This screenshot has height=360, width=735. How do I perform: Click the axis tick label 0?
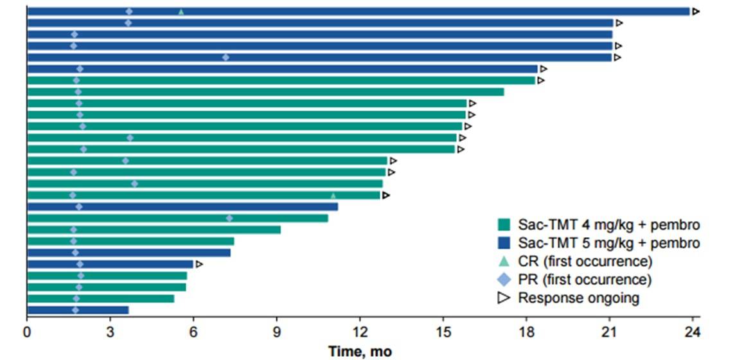pyautogui.click(x=27, y=333)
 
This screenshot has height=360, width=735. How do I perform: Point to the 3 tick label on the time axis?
pyautogui.click(x=110, y=333)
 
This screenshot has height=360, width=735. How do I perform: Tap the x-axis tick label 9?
pyautogui.click(x=276, y=333)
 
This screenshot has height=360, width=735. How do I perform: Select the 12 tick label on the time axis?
pyautogui.click(x=360, y=333)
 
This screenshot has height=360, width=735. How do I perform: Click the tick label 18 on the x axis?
pyautogui.click(x=526, y=333)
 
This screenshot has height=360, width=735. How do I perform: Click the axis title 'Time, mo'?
pyautogui.click(x=360, y=352)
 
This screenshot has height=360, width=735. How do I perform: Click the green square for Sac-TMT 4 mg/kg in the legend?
pyautogui.click(x=504, y=224)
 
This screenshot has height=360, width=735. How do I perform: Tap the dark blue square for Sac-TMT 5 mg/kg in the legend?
pyautogui.click(x=504, y=243)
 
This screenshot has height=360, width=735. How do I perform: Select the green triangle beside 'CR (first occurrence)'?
pyautogui.click(x=504, y=261)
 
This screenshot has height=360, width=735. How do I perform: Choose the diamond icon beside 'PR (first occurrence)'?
pyautogui.click(x=504, y=280)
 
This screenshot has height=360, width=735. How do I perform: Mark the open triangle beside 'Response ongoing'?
pyautogui.click(x=504, y=298)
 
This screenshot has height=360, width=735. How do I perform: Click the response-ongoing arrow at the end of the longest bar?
pyautogui.click(x=695, y=12)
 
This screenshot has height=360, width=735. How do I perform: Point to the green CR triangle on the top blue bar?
pyautogui.click(x=181, y=12)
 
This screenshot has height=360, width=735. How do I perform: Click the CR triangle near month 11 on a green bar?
pyautogui.click(x=333, y=195)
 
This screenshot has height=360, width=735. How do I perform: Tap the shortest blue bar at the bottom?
pyautogui.click(x=77, y=310)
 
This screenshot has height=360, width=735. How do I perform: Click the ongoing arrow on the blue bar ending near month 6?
pyautogui.click(x=199, y=264)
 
